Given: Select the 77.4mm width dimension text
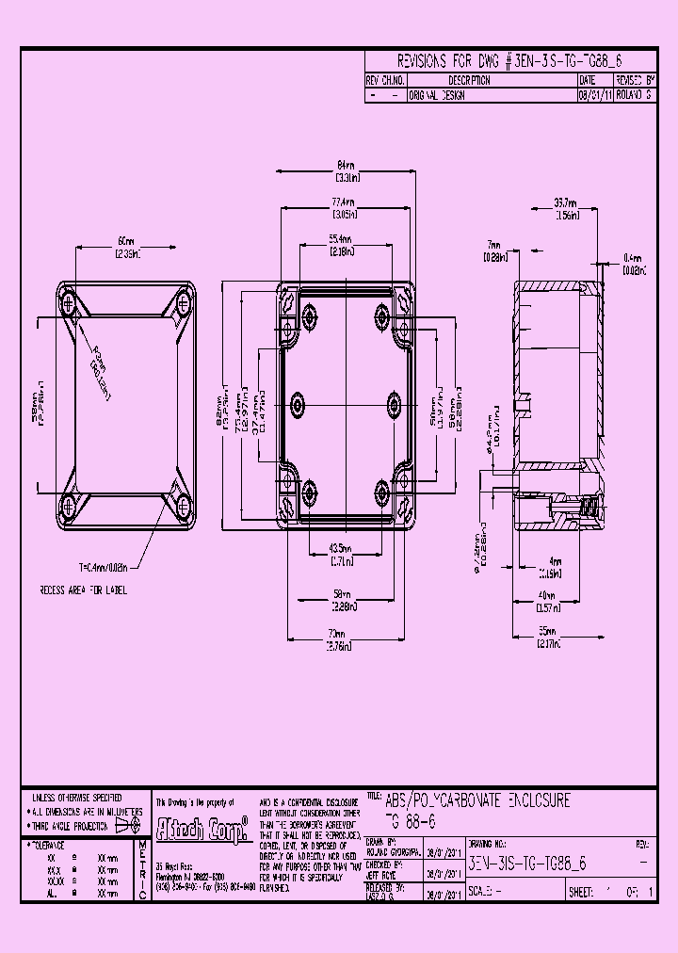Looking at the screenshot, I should tap(344, 202).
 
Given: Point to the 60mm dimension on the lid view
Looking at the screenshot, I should tap(127, 240).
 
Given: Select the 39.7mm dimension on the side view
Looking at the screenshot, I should tap(565, 202).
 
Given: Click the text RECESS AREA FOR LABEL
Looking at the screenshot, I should tap(83, 590).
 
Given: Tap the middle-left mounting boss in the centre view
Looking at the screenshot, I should tap(299, 405).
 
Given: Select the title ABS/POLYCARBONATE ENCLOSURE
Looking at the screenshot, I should tap(477, 800).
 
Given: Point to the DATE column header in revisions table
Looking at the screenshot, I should tap(588, 81).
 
